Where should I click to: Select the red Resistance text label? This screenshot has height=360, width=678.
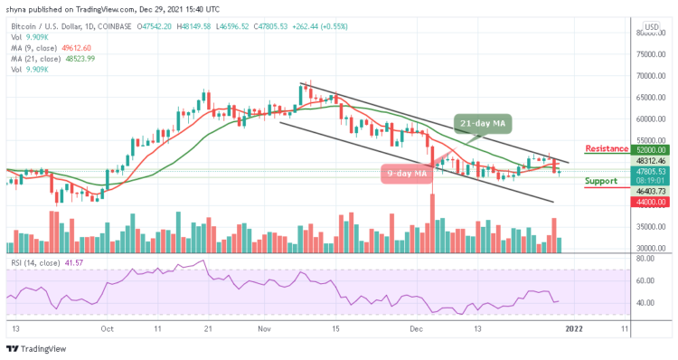[607, 148]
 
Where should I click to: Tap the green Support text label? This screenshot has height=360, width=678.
[601, 181]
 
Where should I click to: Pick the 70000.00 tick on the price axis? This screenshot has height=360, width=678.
[648, 76]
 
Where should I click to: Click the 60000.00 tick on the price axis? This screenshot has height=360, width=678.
[648, 118]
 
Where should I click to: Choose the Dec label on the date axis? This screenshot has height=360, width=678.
[417, 330]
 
